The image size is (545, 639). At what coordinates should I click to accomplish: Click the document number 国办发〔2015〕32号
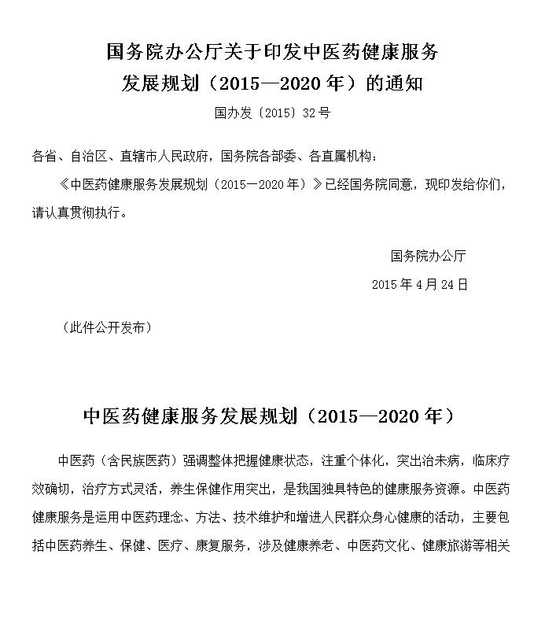272,113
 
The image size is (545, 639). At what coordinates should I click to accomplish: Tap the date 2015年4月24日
419,285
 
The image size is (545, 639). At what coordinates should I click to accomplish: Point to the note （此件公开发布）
106,328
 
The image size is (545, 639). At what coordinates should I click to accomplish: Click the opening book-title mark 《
64,185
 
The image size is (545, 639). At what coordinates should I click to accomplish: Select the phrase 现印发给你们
463,185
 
